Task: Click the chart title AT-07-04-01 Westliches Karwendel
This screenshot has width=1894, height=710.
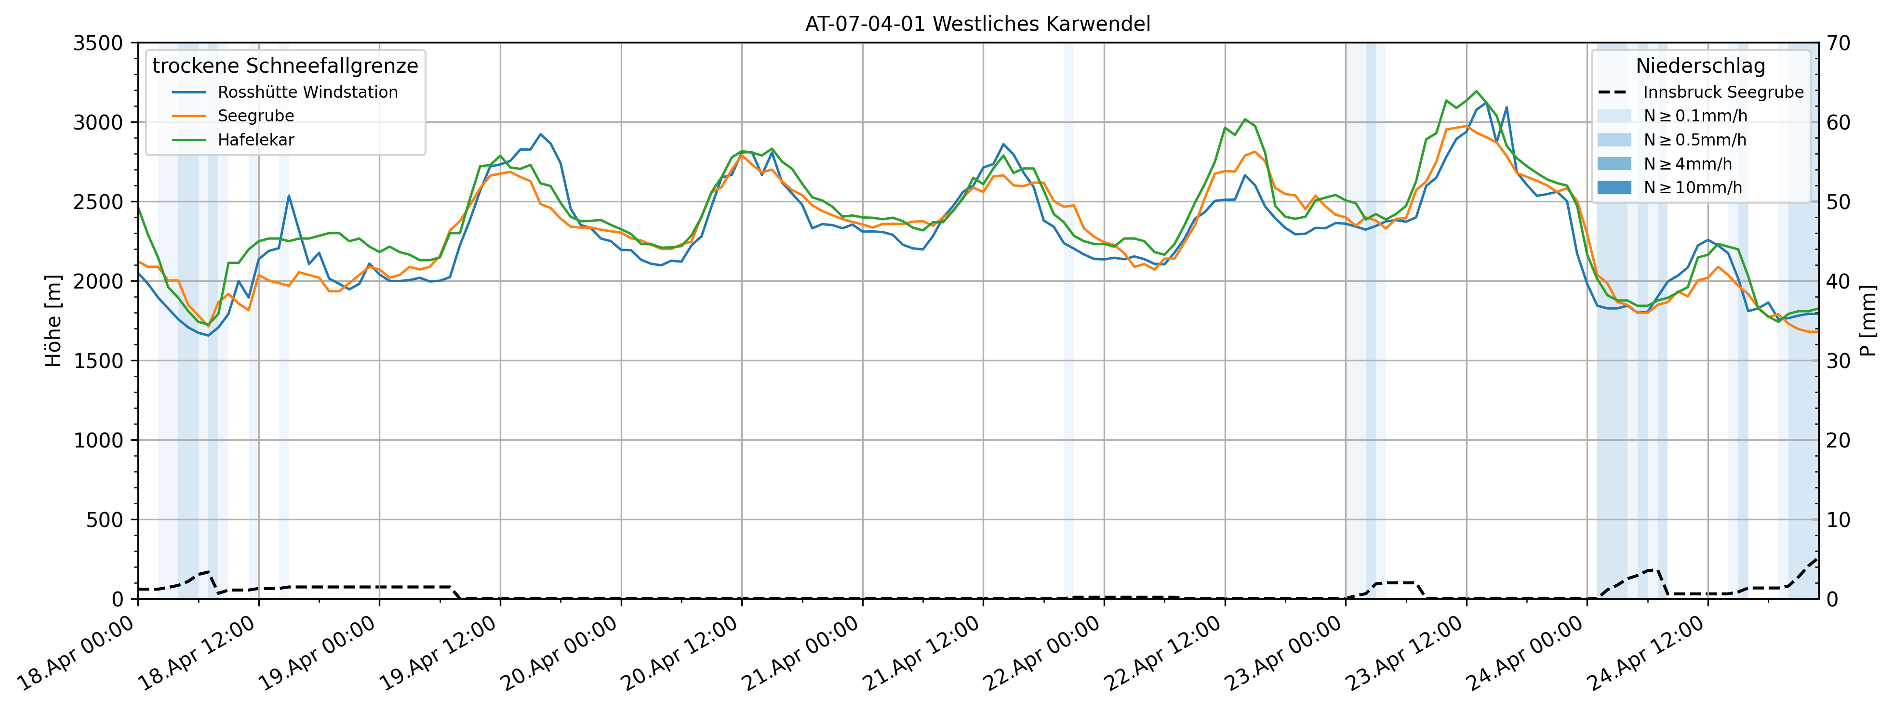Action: (x=977, y=24)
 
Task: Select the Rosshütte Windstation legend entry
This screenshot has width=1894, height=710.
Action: (x=307, y=92)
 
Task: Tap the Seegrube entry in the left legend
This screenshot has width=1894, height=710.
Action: (x=255, y=116)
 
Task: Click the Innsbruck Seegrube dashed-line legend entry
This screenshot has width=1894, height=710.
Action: (x=1723, y=92)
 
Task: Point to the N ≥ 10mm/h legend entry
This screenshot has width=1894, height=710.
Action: (x=1693, y=187)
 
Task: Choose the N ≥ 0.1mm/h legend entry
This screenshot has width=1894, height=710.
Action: (x=1695, y=116)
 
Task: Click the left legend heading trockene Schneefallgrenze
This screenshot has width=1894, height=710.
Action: (x=285, y=66)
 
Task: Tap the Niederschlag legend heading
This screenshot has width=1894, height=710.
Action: (x=1700, y=66)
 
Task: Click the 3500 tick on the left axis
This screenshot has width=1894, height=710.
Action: (x=98, y=43)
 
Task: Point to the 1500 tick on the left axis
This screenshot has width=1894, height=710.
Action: (x=98, y=361)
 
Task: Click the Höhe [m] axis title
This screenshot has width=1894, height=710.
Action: (x=53, y=321)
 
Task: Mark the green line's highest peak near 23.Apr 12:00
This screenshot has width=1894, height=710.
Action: (x=1476, y=91)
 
